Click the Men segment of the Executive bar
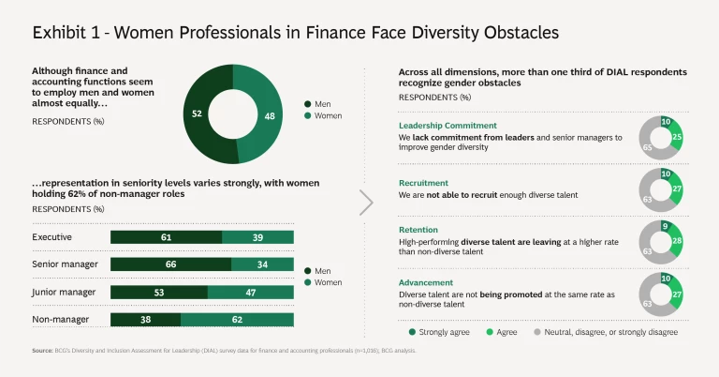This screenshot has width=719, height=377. pos(166,237)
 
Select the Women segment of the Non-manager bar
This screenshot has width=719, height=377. pos(237,319)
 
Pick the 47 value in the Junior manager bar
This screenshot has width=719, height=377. pos(250,292)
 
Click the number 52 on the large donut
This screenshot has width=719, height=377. pos(197,113)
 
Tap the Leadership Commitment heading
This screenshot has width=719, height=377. pos(448,125)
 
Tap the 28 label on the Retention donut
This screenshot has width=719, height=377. pos(677,242)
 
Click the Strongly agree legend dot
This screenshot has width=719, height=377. pos(412,331)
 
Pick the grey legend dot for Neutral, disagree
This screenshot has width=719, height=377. pos(536,331)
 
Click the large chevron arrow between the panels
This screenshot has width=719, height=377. pos(366,202)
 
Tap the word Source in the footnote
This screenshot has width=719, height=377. pos(41,351)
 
